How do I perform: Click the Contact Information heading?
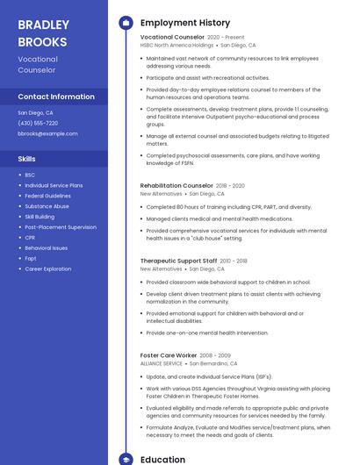pos(56,97)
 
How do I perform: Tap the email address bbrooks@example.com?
pos(47,133)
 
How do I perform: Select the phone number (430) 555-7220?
pos(38,123)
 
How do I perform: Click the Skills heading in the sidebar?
pos(27,159)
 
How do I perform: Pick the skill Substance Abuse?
pos(47,206)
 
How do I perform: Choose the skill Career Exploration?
pos(48,268)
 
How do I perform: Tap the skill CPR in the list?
pos(30,237)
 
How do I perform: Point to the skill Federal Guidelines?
pos(47,196)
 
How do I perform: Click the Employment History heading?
pos(184,23)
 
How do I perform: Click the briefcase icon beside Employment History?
pos(126,23)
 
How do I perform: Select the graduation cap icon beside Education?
pos(126,459)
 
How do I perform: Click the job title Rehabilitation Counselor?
pos(176,186)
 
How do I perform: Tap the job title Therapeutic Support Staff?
pos(178,261)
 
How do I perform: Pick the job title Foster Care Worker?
pos(168,355)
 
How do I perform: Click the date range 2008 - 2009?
pos(218,355)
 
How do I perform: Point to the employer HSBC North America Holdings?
pos(176,45)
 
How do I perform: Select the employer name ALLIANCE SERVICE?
pos(162,363)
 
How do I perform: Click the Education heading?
pos(162,459)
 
